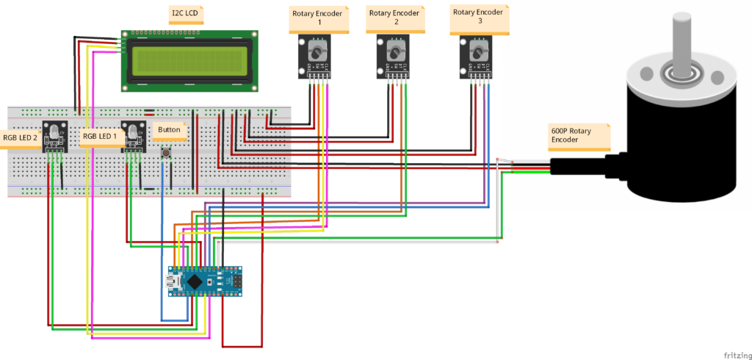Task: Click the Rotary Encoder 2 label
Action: pos(395,18)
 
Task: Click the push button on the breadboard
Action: pos(168,153)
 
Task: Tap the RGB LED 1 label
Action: pos(100,136)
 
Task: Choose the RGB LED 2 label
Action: pos(21,136)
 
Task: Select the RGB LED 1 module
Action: pos(133,137)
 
